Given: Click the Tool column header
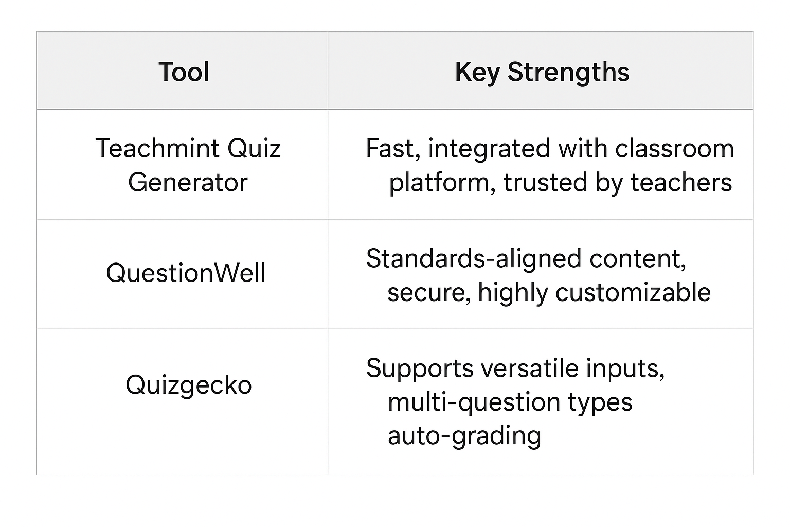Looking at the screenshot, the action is pos(184,72).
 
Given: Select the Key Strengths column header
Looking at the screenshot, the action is pos(542,73).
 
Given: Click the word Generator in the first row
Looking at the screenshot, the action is pos(188,183).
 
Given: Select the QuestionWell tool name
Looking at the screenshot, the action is pos(186,273).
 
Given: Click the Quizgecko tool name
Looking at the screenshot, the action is pos(189,385).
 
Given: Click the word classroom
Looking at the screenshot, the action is pos(675,148).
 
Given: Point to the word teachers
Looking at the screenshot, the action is pos(681,183).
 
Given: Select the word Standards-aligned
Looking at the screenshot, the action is pos(474,259).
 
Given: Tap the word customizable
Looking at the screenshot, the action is pos(633,293).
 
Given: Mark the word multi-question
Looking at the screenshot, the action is pos(474,403).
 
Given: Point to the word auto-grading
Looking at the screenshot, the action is pos(464,436).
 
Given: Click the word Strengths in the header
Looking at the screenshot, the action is pos(568,73).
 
